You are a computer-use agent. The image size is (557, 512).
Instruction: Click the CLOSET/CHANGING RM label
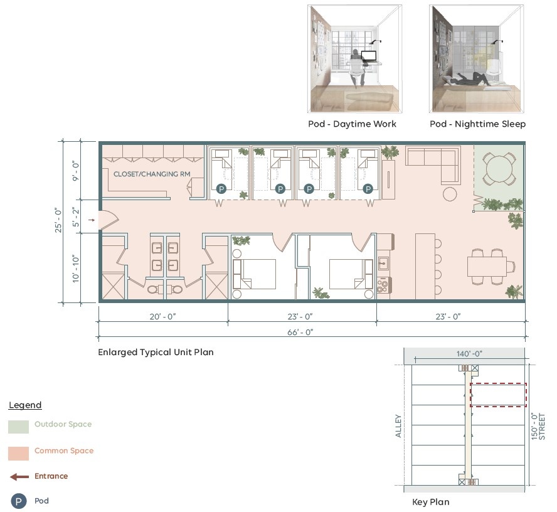152,174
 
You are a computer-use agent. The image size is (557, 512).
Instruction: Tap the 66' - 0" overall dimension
300,332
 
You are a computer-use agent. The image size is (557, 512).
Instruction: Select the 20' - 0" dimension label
162,316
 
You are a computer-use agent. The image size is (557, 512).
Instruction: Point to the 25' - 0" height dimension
58,220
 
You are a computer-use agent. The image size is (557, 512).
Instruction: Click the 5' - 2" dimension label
76,217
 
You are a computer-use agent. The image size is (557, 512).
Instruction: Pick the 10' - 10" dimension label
76,269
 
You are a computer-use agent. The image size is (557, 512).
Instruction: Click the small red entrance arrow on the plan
92,220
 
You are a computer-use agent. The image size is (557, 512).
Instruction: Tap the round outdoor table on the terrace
499,168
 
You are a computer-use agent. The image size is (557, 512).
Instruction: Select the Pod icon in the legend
18,501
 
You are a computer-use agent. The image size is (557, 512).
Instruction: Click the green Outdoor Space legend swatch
18,427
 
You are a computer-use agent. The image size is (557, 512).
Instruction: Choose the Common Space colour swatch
18,454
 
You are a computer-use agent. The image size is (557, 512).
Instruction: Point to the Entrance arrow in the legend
19,477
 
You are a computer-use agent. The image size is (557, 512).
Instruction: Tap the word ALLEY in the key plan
398,426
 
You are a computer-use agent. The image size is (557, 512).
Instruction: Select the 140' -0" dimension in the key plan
469,354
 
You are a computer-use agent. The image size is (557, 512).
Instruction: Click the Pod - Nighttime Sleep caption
477,124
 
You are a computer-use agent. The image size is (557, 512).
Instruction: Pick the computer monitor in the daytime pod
369,56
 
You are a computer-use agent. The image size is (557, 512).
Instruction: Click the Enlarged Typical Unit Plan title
156,352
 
